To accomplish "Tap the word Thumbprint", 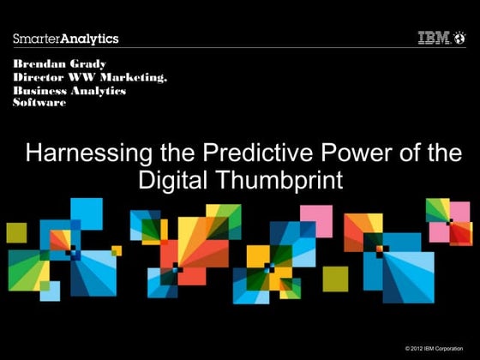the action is coord(279,180).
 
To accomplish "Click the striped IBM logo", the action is coord(434,38).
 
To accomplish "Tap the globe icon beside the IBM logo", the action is coord(460,38).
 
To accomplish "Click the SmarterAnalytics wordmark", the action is coord(66,39).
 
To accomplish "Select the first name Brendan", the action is coord(39,64).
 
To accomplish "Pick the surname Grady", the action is coord(88,64).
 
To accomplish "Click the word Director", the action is coord(39,77).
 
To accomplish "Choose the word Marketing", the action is coord(134,77).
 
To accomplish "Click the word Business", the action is coord(39,91).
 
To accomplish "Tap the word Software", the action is coord(39,102).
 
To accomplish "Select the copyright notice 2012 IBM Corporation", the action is coord(434,348).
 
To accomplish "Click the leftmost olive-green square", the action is coord(16,233).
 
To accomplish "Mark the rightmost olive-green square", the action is coord(335,279).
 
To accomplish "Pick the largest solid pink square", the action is coord(316,221).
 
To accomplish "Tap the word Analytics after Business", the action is coord(99,91).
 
